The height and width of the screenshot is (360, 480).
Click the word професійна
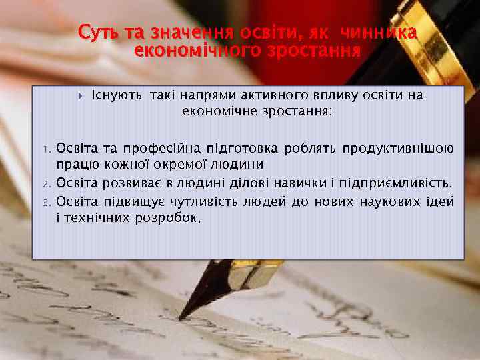[x=154, y=148]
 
